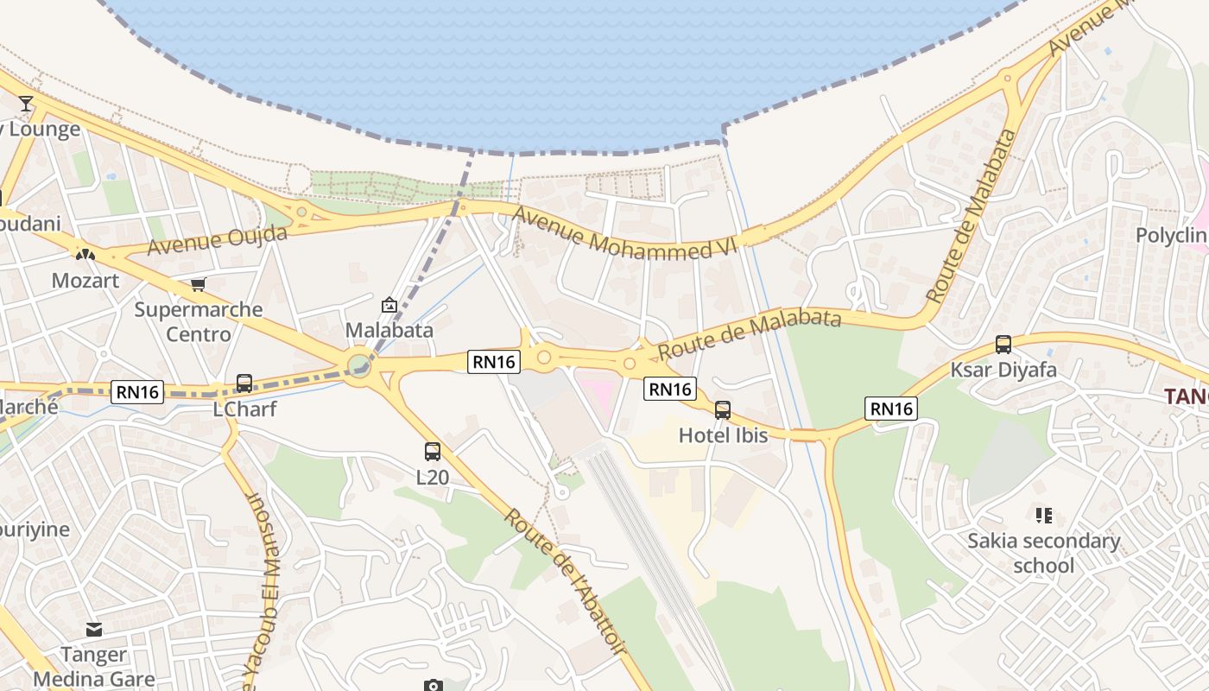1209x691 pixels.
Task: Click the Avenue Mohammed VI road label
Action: tap(626, 231)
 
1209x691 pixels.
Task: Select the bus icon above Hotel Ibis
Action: tap(723, 410)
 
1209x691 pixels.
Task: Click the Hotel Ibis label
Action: tap(723, 435)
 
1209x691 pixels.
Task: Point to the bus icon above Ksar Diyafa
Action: tap(1003, 345)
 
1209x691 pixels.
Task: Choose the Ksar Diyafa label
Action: tap(1003, 370)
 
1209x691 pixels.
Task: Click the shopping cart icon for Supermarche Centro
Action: tap(199, 284)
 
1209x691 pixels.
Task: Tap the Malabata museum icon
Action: tap(389, 304)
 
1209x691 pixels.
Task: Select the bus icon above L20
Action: tap(433, 451)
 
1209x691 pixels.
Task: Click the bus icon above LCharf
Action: tap(244, 383)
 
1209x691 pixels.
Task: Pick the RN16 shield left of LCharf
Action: tap(137, 392)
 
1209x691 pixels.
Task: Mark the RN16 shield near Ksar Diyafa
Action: tap(891, 409)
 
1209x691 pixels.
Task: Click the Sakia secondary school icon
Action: tap(1043, 516)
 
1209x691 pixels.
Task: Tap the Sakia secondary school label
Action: tap(1043, 553)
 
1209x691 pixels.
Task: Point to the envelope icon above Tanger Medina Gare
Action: tap(93, 630)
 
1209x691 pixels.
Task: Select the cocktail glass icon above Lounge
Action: tap(26, 104)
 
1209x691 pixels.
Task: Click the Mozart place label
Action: tap(85, 281)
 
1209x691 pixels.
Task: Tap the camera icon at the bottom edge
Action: tap(433, 686)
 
